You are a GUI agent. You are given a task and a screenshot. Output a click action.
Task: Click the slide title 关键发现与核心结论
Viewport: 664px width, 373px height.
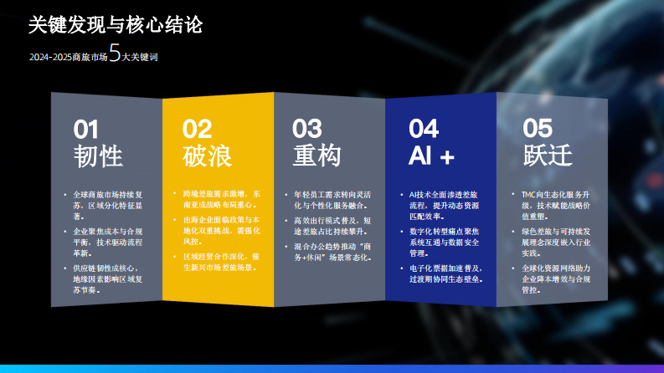[x=115, y=25]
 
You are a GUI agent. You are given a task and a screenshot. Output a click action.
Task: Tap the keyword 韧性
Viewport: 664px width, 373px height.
[x=98, y=156]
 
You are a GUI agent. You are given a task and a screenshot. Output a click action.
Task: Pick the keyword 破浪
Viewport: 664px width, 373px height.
[x=207, y=156]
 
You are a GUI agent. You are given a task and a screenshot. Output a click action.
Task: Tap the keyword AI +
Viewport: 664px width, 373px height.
[x=431, y=156]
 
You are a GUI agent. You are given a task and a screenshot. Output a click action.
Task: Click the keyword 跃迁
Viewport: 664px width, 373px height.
[x=548, y=156]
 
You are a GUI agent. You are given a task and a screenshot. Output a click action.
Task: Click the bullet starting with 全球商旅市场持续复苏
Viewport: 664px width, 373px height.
[x=108, y=205]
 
